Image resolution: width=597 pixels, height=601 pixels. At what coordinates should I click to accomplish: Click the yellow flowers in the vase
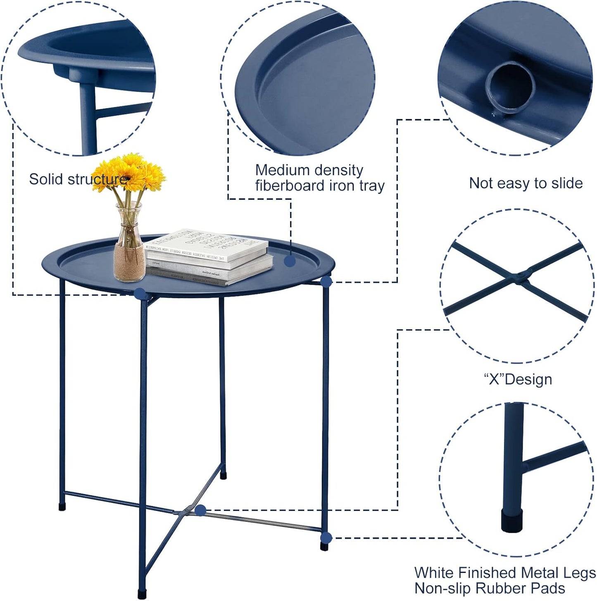point(129,173)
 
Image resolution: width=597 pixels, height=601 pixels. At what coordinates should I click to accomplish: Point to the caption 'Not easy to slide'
point(526,183)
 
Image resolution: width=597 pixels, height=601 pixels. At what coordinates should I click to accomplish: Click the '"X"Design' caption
point(518,379)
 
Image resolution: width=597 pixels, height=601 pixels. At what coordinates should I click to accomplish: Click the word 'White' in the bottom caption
point(434,573)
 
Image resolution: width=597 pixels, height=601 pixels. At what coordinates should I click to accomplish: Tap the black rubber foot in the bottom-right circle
point(511,521)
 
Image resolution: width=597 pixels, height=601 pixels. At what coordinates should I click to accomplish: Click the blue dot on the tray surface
point(290,261)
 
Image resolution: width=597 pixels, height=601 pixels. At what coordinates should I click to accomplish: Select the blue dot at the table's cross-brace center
point(200,510)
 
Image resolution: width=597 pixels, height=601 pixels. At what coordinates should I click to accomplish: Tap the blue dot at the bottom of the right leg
point(326,538)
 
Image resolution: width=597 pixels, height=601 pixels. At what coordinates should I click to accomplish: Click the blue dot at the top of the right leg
point(326,282)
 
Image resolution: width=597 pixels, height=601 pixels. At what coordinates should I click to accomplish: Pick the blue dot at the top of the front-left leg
point(140,293)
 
